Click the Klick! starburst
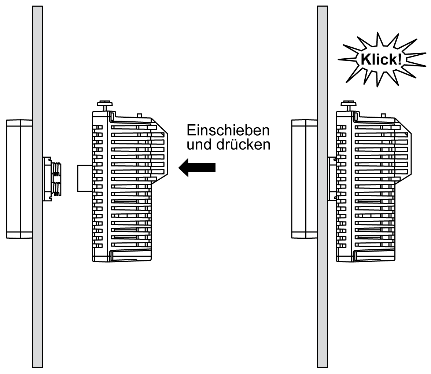(380, 60)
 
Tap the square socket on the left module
(85, 178)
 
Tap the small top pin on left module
(139, 115)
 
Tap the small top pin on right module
(383, 115)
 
